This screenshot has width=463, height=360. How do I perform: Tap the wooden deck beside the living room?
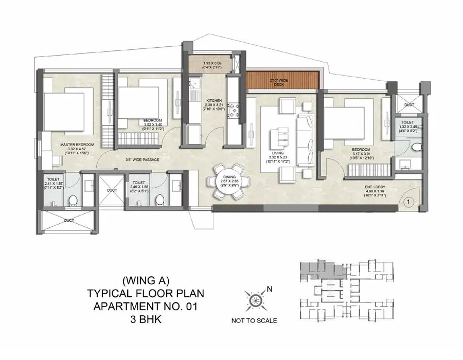pos(283,80)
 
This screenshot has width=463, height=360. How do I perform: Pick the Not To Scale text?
pos(254,320)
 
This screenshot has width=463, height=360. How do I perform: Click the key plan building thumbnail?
pos(347,291)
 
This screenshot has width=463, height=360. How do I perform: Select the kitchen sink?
pos(194,94)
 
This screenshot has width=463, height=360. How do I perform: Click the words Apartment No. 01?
pos(146,306)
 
